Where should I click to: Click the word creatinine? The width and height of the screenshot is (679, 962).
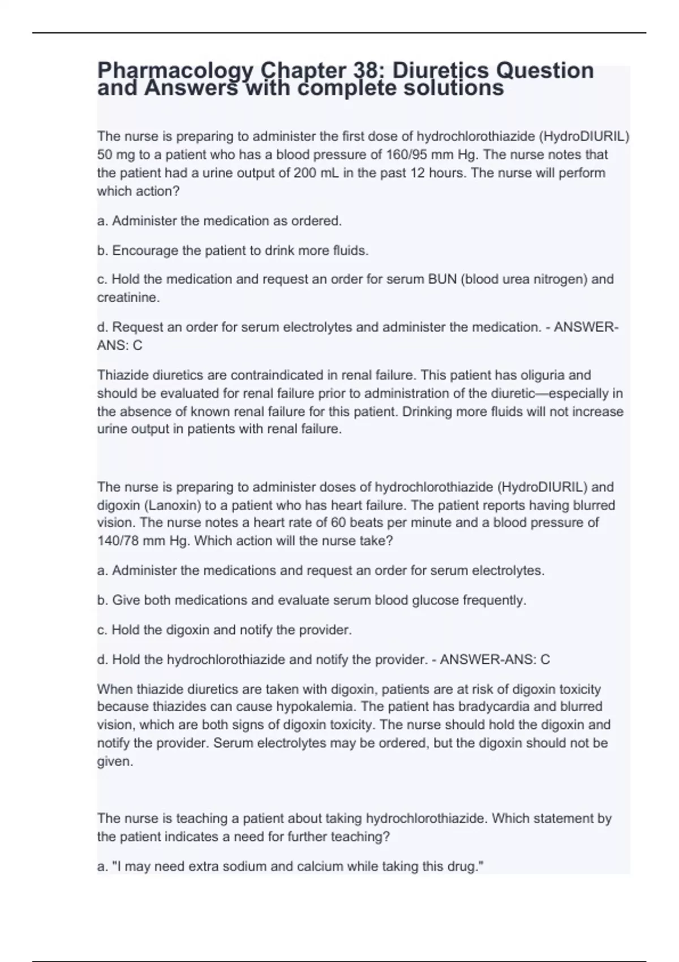coord(128,298)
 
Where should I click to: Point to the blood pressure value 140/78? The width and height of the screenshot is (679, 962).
coord(118,540)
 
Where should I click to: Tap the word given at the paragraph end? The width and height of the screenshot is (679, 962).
coord(115,762)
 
